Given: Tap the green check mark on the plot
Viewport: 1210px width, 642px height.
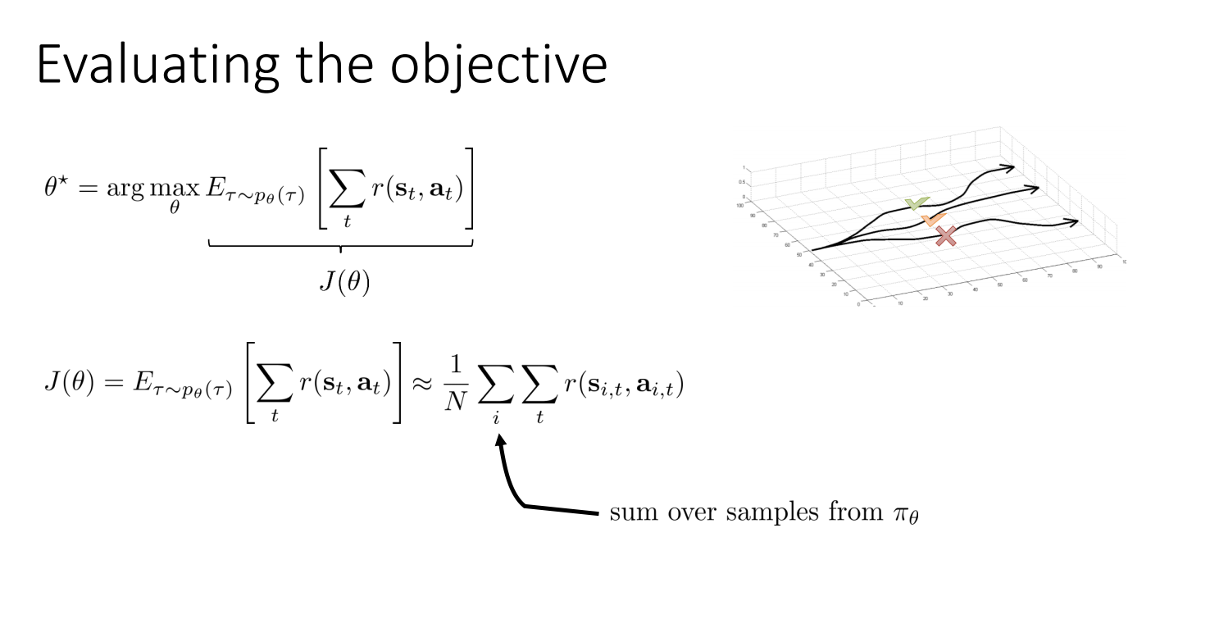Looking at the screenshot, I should (916, 203).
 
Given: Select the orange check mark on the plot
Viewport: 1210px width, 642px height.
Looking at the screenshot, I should (933, 220).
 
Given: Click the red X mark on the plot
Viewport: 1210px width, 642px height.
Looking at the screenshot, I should (946, 236).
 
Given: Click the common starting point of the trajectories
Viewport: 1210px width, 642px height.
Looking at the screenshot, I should (812, 249).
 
